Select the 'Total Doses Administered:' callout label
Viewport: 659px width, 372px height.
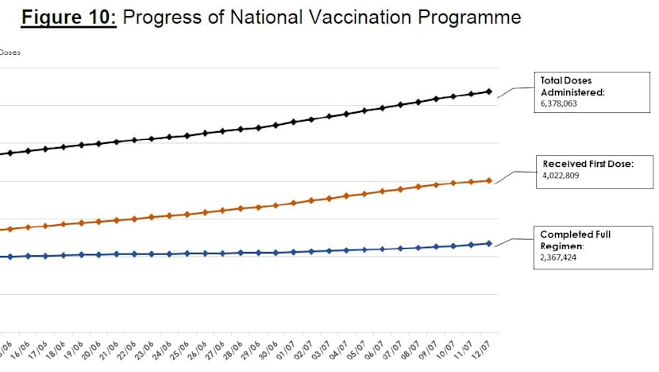tap(572, 86)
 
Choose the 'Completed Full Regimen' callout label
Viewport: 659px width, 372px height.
tap(576, 240)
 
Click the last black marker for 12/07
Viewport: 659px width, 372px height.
tap(489, 91)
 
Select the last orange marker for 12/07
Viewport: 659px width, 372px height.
tap(489, 180)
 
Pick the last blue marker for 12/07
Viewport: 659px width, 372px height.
tap(489, 243)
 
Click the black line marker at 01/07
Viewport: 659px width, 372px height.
tap(294, 122)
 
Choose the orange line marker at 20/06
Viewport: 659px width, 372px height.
tap(98, 221)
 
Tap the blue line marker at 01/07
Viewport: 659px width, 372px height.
tap(294, 252)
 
